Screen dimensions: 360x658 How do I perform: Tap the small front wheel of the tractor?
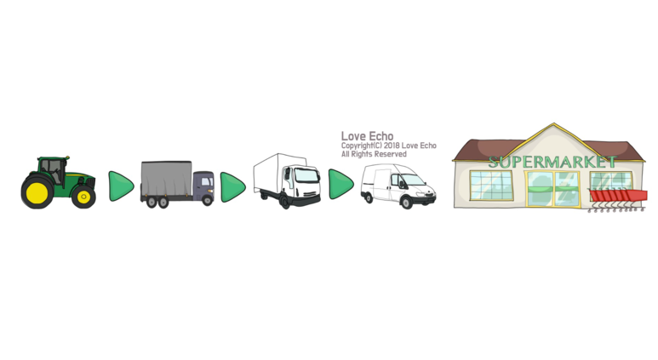83,196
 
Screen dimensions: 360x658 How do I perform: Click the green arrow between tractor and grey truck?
121,186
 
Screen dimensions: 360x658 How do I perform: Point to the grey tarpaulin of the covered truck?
165,180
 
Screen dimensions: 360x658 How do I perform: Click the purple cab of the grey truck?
203,185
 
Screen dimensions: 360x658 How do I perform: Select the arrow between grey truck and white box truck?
232,187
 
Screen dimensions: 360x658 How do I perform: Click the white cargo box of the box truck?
273,174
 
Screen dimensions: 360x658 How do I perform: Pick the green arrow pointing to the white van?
340,184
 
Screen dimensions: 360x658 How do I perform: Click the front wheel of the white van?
406,201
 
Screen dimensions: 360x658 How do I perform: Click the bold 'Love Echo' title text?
367,136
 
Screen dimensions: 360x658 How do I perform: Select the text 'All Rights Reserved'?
374,154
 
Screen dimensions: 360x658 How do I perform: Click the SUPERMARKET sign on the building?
552,161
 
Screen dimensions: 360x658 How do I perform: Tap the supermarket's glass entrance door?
552,188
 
